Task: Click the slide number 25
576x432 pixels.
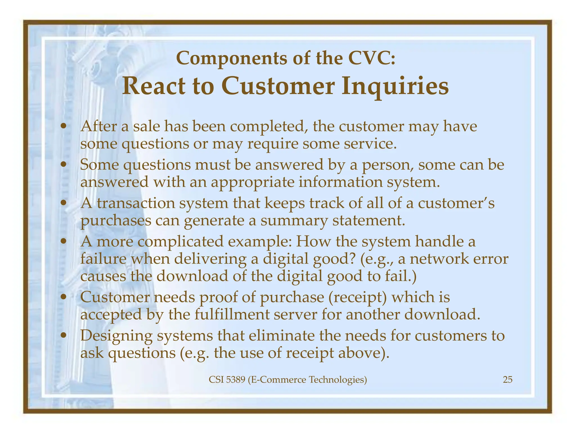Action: pos(507,380)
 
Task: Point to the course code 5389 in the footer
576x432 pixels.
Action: pos(236,380)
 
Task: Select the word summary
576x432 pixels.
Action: pos(294,221)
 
